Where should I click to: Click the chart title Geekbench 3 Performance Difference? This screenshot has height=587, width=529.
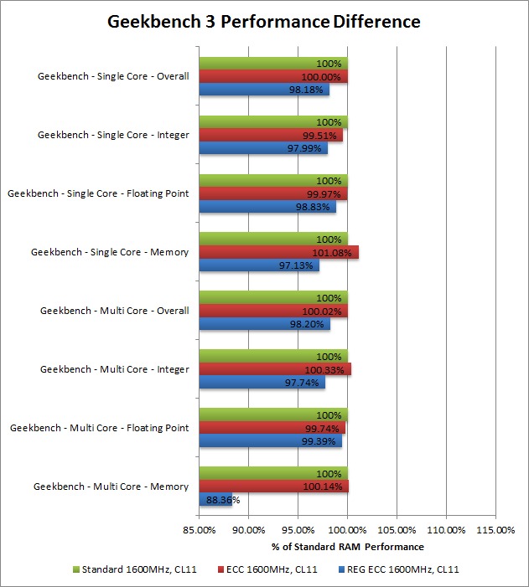pyautogui.click(x=264, y=22)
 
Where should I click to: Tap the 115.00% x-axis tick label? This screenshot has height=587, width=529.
pyautogui.click(x=495, y=529)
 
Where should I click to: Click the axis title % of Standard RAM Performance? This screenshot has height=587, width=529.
pyautogui.click(x=347, y=547)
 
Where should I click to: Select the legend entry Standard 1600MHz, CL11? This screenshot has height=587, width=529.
pyautogui.click(x=135, y=570)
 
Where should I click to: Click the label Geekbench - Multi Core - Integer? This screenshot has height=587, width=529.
pyautogui.click(x=114, y=369)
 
